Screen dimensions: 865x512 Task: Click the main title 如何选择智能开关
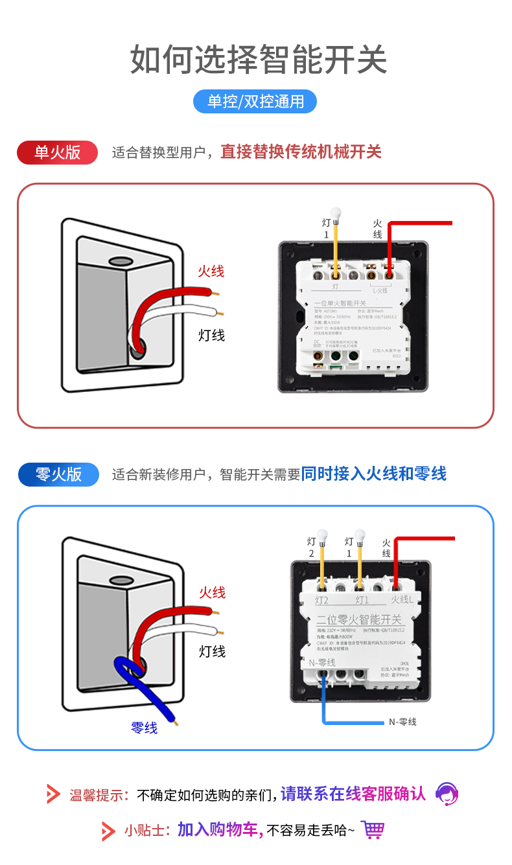tap(258, 60)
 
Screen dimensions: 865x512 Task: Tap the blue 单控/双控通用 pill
tap(255, 102)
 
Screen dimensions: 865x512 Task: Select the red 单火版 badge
tap(57, 152)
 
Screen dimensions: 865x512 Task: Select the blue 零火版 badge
tap(58, 474)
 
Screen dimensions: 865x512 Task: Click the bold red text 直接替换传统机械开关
tap(301, 152)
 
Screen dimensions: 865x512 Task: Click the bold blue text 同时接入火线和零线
tap(374, 474)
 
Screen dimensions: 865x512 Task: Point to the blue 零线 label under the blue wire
tap(144, 728)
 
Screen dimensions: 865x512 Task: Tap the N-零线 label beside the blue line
tap(402, 722)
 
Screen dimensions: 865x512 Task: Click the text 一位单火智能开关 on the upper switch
tap(340, 303)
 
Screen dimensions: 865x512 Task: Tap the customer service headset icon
tap(447, 793)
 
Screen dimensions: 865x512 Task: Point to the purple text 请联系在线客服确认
tap(353, 794)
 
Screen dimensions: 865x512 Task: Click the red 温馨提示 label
tap(99, 794)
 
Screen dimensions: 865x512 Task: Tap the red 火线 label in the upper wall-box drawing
tap(211, 271)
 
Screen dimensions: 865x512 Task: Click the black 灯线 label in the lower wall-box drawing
tap(212, 651)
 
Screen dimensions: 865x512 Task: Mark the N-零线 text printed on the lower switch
tap(322, 662)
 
